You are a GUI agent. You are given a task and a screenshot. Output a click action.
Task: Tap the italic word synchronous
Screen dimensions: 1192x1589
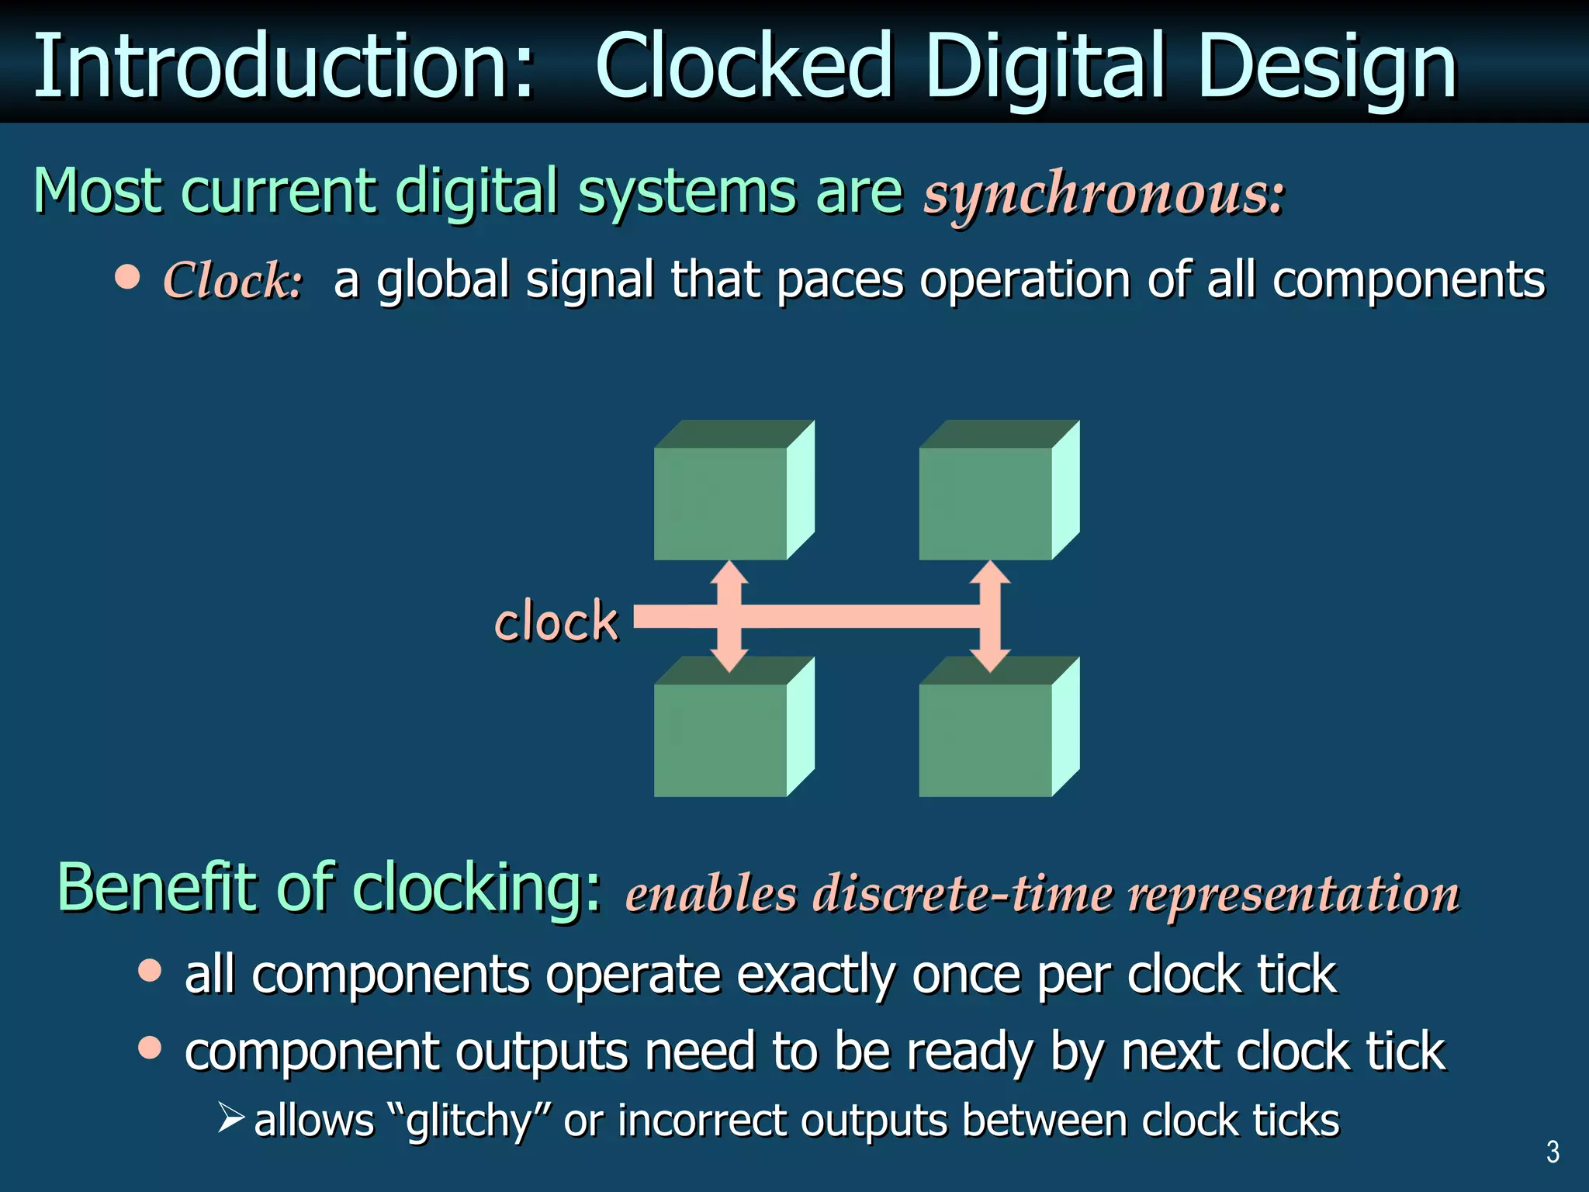click(1102, 194)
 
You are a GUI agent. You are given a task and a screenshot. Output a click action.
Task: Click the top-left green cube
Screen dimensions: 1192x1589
click(722, 501)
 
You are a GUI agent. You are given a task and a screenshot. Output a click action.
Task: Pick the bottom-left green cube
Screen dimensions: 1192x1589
click(722, 737)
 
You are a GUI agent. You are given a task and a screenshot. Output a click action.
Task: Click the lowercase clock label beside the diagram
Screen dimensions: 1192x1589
click(556, 622)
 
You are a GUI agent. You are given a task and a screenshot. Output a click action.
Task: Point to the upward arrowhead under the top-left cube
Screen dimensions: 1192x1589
click(729, 573)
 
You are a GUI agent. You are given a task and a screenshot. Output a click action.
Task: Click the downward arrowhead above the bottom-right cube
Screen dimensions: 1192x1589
click(990, 660)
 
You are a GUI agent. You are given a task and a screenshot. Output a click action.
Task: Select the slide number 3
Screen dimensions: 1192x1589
click(1553, 1152)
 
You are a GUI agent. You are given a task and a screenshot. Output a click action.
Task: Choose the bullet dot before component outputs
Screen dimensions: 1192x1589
click(150, 1048)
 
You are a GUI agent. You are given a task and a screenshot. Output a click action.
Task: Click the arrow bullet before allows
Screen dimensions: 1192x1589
click(231, 1118)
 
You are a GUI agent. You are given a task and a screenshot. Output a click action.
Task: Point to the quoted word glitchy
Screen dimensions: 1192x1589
click(469, 1121)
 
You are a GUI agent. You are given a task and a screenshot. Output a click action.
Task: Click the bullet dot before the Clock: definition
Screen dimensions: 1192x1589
click(127, 276)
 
